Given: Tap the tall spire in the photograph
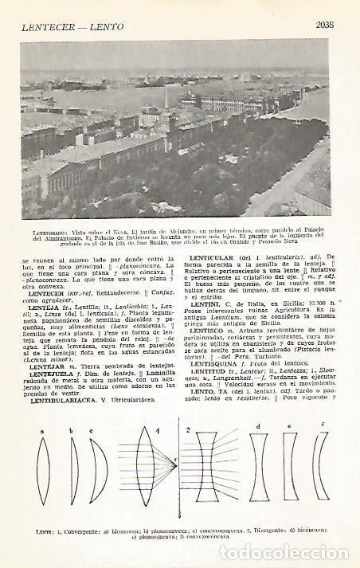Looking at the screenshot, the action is [x=165, y=99].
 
